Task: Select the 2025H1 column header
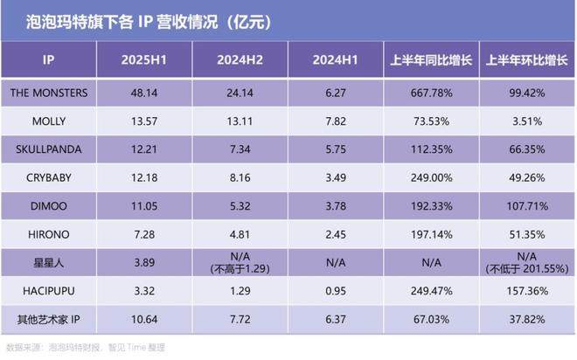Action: point(146,64)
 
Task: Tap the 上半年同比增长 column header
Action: point(433,64)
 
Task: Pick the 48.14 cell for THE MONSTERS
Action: point(146,92)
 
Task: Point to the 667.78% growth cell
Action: point(433,92)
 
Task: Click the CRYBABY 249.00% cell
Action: point(433,177)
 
